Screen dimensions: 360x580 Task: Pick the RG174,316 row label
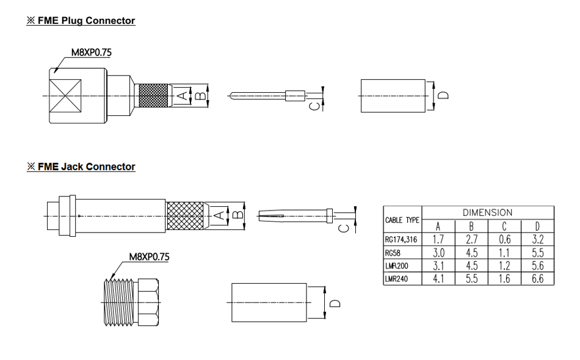point(400,239)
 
